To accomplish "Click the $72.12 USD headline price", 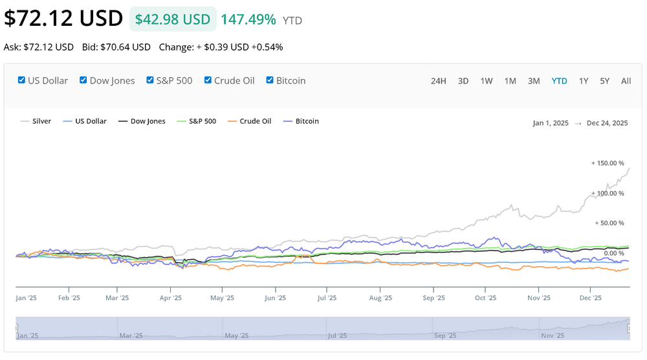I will (63, 18).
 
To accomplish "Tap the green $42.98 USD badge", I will (173, 19).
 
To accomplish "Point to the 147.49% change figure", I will (248, 19).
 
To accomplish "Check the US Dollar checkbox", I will (22, 80).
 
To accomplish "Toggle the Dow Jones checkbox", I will (83, 80).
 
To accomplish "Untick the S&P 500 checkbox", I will (151, 80).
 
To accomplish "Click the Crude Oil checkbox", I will (208, 80).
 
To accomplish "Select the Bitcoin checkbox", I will (270, 80).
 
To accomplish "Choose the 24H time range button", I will (438, 81).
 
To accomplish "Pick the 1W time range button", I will (487, 81).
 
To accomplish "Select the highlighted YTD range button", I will (559, 81).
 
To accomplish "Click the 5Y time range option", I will (604, 81).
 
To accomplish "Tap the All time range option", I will (626, 81).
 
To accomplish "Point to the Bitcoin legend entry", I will (307, 121).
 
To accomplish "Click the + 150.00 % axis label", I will (608, 163).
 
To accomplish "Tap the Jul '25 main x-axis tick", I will (327, 298).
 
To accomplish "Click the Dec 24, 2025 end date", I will (607, 123).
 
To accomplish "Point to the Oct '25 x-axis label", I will (485, 298).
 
